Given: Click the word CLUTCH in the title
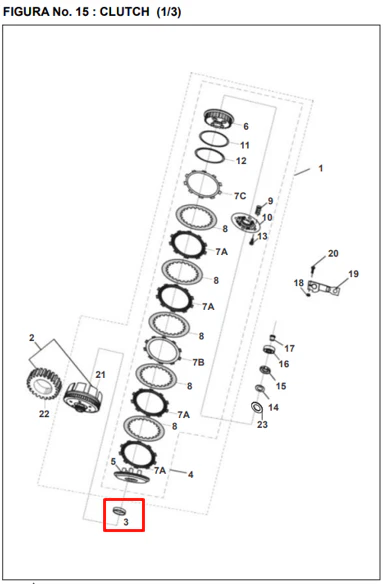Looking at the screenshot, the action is click(124, 12).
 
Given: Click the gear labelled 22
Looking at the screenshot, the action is click(43, 385).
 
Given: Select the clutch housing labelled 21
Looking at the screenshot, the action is click(83, 398).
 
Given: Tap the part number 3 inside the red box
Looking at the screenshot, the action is click(126, 522).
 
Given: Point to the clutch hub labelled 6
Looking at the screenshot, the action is click(219, 118).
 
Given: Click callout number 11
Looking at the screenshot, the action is click(244, 145).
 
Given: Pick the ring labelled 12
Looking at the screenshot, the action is click(210, 156).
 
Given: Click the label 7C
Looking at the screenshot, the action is click(240, 196).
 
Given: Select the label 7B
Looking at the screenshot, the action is click(198, 362).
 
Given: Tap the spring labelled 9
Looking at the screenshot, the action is click(257, 210).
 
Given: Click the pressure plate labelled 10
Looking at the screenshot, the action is click(245, 223).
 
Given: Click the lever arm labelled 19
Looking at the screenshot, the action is click(324, 288).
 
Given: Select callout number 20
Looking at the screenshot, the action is click(333, 253).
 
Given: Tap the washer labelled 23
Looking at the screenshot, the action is click(256, 407).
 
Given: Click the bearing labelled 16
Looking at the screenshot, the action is click(268, 350).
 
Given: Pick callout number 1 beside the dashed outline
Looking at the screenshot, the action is click(320, 168).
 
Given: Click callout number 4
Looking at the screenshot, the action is click(190, 474).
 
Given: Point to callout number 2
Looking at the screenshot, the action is click(32, 338).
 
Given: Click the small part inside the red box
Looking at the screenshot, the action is click(119, 511).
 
